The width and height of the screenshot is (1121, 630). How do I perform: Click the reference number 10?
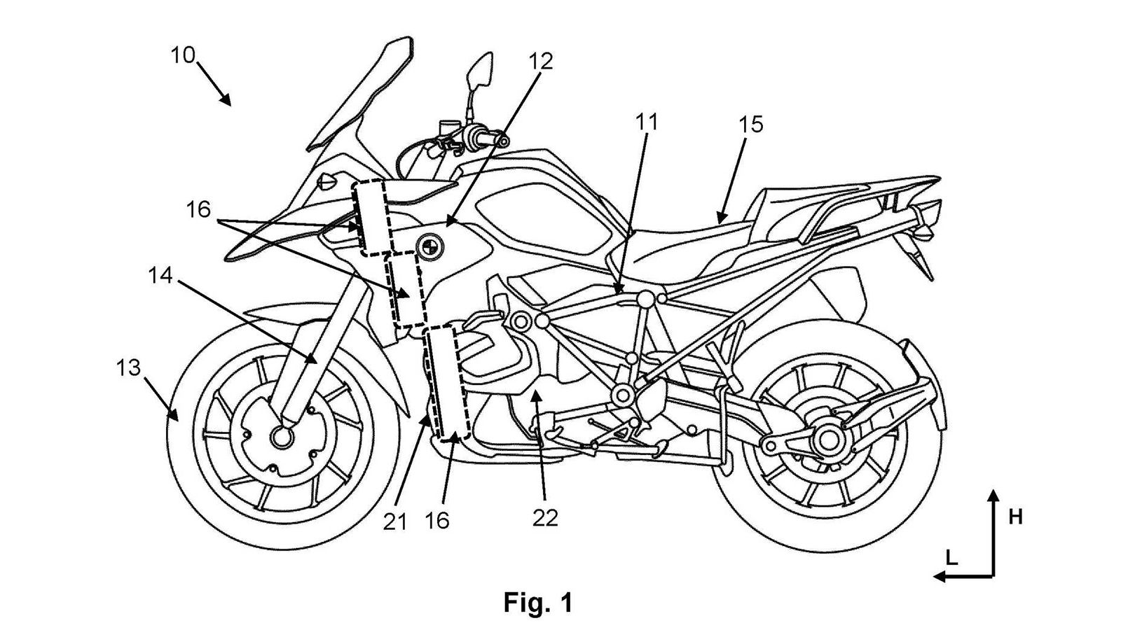pos(183,55)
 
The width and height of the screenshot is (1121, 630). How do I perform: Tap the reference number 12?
pos(541,62)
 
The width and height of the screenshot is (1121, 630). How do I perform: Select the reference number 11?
pos(647,123)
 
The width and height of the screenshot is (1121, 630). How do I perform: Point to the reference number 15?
pos(750,125)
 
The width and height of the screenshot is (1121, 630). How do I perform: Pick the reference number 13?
pos(130,367)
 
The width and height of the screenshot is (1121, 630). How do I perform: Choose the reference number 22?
pos(545,517)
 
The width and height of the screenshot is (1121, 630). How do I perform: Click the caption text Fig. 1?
pos(537,602)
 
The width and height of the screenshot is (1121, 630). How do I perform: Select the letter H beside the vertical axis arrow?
pos(1015,517)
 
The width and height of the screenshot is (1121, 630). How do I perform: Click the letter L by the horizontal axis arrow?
pos(951,558)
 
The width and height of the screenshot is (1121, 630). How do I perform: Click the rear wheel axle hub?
pos(829,440)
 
